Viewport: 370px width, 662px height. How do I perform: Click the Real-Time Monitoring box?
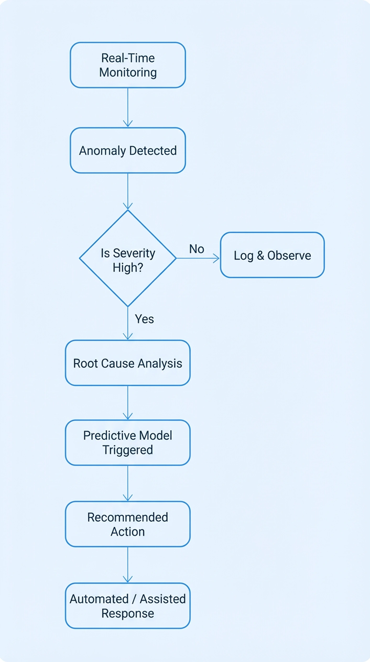128,65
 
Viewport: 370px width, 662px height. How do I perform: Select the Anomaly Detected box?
128,150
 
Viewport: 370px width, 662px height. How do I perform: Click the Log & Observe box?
272,255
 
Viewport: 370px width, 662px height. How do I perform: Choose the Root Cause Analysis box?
128,363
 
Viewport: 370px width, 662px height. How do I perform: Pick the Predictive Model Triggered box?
128,443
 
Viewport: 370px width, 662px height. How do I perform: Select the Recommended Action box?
128,524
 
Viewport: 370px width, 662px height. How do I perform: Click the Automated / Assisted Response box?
128,606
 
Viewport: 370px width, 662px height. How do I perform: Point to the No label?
197,249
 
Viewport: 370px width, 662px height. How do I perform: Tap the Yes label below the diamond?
144,319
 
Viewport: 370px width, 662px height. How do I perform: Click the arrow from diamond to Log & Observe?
198,258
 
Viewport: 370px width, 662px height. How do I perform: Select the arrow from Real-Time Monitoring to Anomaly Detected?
128,107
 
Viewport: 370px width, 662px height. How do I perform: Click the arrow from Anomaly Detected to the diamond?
128,191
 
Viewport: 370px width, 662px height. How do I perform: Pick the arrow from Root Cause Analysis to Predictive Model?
128,403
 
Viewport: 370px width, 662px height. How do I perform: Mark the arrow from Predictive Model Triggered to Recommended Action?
128,483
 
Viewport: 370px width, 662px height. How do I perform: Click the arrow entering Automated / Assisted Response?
128,565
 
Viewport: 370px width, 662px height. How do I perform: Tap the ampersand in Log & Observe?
260,256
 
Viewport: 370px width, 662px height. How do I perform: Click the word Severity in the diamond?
134,253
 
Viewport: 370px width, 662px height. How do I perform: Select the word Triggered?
128,450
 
